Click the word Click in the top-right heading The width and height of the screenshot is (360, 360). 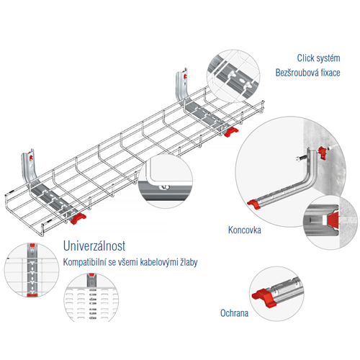[305, 58]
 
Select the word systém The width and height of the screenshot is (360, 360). [328, 58]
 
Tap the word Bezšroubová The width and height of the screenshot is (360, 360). [297, 73]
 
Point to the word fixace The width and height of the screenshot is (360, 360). [330, 73]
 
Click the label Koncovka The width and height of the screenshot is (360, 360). [245, 230]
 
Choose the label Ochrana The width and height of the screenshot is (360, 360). [234, 313]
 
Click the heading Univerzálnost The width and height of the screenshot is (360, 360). [94, 246]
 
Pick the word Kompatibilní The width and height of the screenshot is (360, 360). [85, 262]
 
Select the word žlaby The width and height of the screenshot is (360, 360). [189, 262]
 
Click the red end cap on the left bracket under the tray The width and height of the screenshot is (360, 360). [78, 219]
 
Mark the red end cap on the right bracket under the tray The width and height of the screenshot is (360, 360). [230, 132]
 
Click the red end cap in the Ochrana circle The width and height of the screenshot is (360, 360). [264, 298]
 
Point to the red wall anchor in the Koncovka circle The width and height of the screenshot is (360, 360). [323, 153]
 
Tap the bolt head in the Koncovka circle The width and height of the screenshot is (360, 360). [298, 159]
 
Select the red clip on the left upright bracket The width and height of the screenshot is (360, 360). [30, 156]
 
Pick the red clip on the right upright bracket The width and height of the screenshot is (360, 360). [184, 75]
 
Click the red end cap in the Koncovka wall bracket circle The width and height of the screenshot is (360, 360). [253, 204]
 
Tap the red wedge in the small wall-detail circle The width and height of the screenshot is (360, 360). [333, 220]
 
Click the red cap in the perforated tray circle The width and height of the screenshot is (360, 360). [91, 275]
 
